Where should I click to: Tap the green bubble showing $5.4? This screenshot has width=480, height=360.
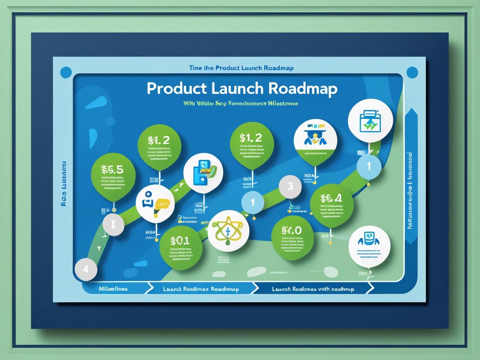tap(331, 205)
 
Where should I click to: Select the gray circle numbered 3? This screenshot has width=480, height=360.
tap(290, 186)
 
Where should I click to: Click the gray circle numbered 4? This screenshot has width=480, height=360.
tap(86, 269)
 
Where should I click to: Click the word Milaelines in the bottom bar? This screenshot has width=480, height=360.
tap(113, 289)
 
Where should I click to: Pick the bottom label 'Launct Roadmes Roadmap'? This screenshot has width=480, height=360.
tap(201, 289)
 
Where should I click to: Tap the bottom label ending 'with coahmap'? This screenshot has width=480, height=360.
tap(313, 289)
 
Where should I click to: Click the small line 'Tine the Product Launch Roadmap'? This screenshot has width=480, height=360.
tap(241, 68)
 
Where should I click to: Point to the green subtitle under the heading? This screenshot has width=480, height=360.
tap(241, 103)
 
